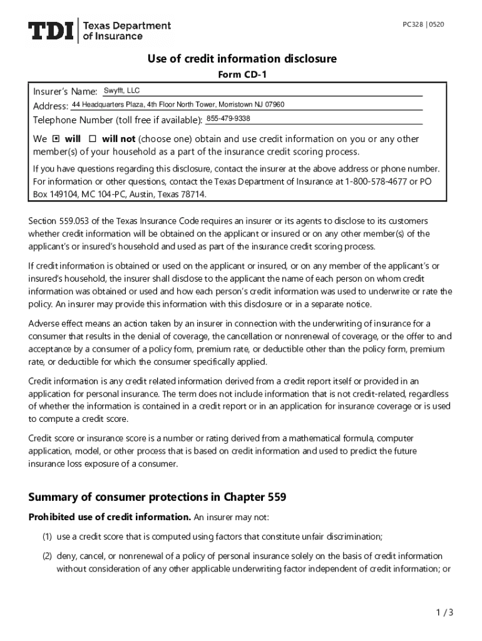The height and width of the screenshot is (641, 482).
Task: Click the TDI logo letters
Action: coord(51,30)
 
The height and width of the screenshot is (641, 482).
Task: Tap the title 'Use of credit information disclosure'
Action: coord(242,59)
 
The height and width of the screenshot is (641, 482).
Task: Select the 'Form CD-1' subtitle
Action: coord(241,76)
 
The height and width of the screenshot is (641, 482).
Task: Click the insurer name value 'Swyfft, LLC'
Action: coord(121,91)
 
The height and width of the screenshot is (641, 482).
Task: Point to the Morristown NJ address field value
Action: coord(178,104)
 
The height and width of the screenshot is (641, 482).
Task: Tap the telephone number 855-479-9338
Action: coord(228,118)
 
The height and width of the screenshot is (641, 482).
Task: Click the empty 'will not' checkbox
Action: coord(93,139)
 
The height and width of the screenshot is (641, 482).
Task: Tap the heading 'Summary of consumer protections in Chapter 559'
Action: coord(157,498)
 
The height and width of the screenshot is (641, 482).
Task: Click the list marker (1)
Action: coord(47,536)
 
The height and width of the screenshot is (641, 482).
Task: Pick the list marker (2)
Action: coord(47,556)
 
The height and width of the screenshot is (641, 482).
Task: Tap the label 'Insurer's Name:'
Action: coord(65,92)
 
